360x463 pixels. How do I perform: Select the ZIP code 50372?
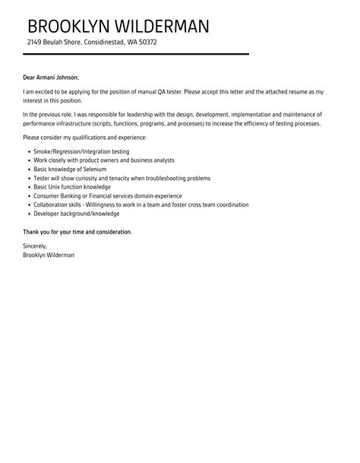point(146,43)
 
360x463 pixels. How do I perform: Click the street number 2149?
point(35,43)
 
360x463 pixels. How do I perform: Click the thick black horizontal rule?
point(137,54)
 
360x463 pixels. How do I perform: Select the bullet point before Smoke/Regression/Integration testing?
point(28,152)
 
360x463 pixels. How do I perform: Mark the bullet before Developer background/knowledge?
point(28,213)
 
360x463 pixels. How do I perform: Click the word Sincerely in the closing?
point(35,246)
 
